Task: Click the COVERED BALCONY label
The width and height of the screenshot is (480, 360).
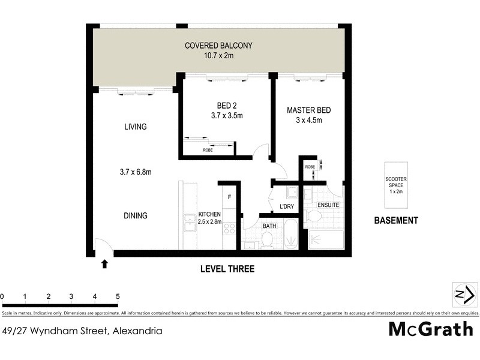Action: point(218,46)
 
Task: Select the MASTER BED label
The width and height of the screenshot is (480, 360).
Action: point(308,110)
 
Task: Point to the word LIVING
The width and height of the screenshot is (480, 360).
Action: point(135,127)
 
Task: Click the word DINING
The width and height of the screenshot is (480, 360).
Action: point(136,215)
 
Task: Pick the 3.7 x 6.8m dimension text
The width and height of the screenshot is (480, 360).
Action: point(135,172)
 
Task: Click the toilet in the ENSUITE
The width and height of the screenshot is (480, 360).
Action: point(311,216)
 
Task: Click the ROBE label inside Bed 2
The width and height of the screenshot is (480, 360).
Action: point(208,150)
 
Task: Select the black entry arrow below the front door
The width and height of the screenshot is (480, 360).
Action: point(105,263)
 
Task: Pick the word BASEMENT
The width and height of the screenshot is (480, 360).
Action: point(396,220)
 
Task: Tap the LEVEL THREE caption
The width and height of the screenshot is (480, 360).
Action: point(227,269)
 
